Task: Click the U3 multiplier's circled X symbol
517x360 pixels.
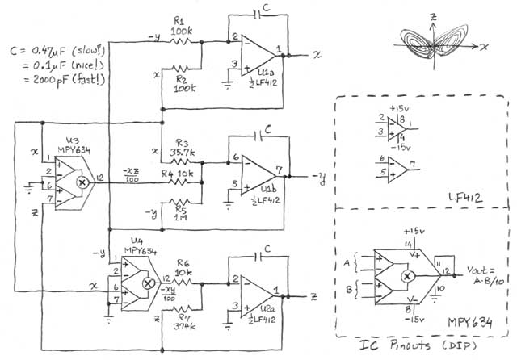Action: point(81,183)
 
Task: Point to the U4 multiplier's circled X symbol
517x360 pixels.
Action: point(147,284)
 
